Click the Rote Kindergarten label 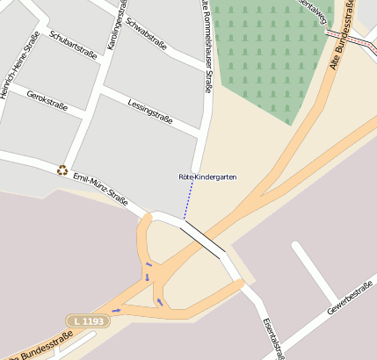pos(207,177)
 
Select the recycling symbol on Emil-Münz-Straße pos(62,169)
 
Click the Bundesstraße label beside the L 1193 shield pos(40,346)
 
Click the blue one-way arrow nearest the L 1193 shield pos(116,310)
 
